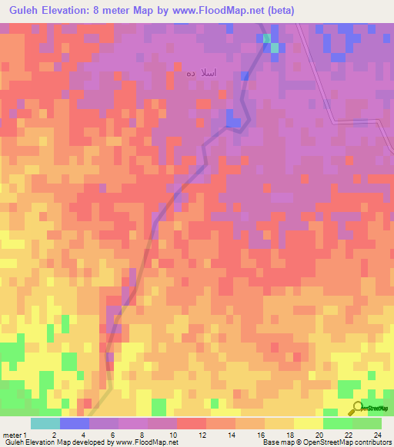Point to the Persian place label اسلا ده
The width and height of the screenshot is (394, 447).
click(201, 74)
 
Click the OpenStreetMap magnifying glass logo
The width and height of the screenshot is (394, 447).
click(356, 408)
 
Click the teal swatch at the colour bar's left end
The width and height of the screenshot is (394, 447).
click(45, 423)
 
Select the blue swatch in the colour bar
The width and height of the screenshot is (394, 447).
click(74, 423)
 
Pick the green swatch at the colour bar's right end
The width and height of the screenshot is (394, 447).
click(366, 423)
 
